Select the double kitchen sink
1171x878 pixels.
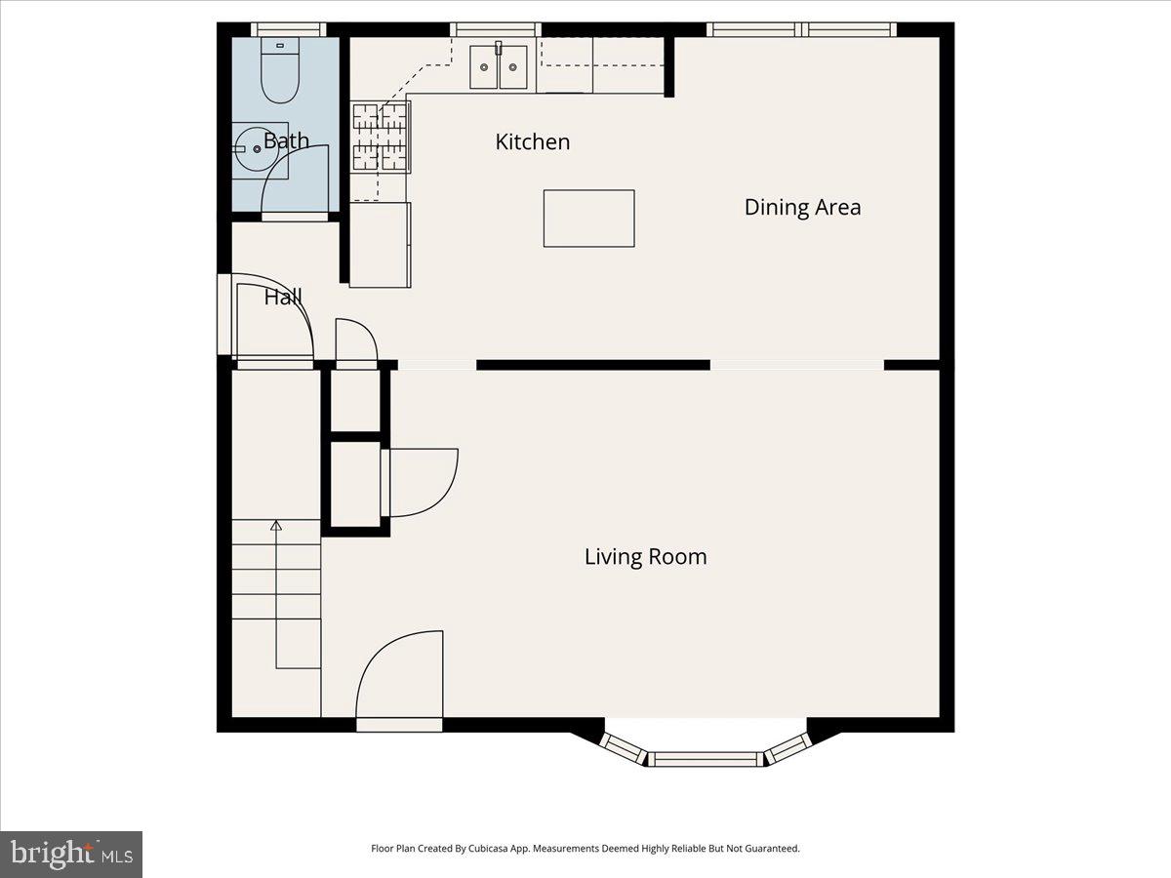498,67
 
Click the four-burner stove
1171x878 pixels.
381,138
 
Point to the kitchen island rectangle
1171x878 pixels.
588,219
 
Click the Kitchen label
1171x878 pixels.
532,142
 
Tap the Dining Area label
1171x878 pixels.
802,207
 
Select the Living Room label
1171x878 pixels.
645,557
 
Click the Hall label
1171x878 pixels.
283,298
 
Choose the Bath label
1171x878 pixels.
286,140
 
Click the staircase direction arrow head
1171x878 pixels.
276,526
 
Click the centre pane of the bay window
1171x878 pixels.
706,759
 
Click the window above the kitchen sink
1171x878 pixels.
497,29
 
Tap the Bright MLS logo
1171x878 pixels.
71,854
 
